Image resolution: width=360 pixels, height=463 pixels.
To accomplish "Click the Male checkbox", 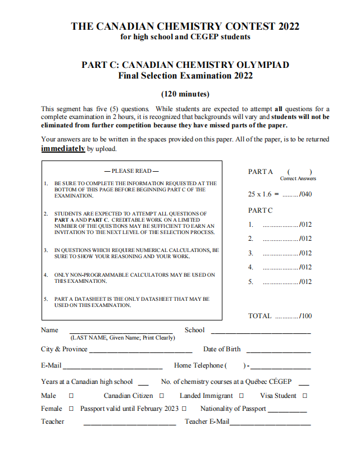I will point(71,396).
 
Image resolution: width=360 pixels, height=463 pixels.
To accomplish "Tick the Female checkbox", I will point(71,409).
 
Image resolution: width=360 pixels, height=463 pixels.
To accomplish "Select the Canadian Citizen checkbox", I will point(162,396).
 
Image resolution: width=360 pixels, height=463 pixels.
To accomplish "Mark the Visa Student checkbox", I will point(305,396).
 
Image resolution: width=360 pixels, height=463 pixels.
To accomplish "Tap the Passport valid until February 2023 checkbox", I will point(184,409).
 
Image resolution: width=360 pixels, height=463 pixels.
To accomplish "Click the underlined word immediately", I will point(63,149).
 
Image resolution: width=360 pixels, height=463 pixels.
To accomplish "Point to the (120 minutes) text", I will point(185,94).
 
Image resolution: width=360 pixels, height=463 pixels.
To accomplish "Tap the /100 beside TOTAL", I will point(306,316).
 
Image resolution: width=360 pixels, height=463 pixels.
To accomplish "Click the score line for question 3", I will point(281,254).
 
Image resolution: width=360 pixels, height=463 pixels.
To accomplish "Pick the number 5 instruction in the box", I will point(132,302).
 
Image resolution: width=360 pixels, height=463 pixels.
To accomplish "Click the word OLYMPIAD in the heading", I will point(264,65).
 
